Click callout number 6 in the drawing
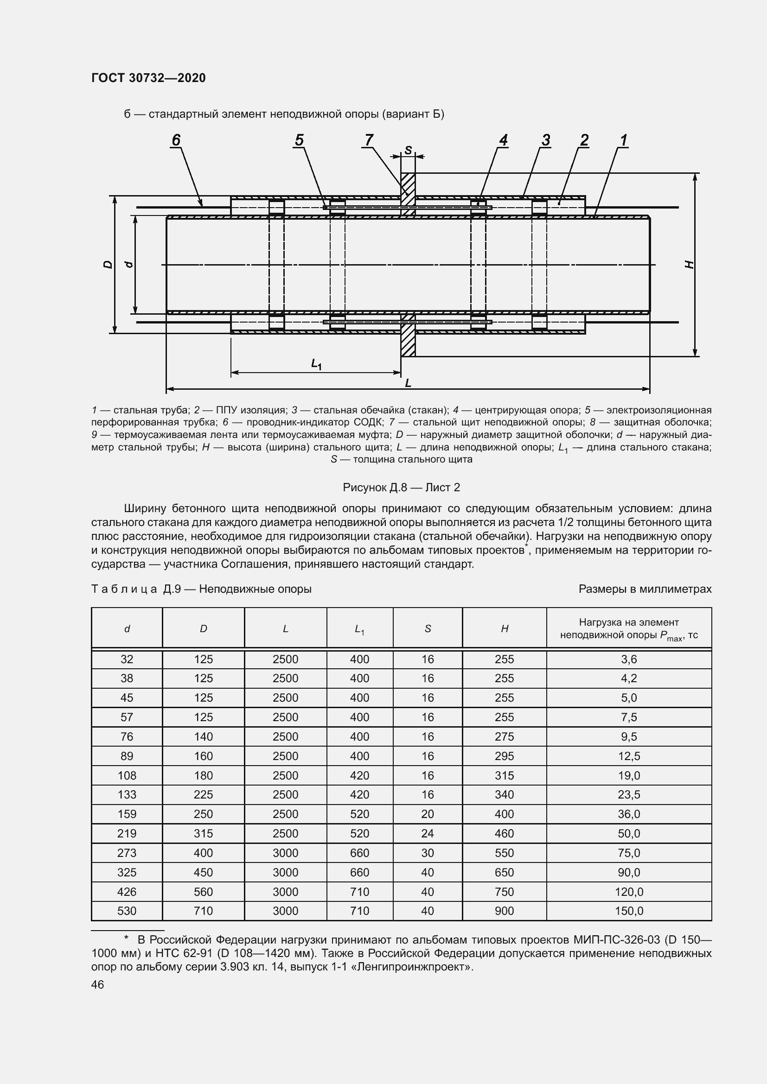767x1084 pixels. (176, 140)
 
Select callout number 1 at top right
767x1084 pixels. (623, 140)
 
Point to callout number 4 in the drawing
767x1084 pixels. (503, 140)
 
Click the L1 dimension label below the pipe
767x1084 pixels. (316, 364)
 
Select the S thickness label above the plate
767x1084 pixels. (408, 150)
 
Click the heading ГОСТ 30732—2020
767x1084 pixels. (148, 78)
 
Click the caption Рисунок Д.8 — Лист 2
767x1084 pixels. (401, 487)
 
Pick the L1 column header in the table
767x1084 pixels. (359, 629)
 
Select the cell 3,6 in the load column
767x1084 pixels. (629, 659)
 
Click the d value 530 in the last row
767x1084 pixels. (127, 911)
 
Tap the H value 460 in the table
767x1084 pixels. (504, 833)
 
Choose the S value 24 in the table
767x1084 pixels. (428, 833)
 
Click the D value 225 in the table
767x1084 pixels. (203, 795)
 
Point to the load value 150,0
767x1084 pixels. (629, 911)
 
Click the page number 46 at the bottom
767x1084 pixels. (98, 984)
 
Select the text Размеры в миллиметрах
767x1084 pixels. (645, 589)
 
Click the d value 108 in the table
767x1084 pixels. (127, 775)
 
